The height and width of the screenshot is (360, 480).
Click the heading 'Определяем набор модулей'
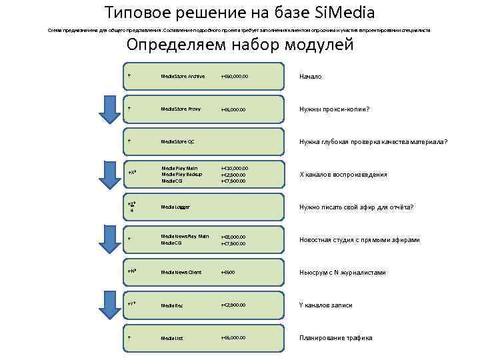pos(240,45)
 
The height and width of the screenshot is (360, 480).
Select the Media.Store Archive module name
pos(183,76)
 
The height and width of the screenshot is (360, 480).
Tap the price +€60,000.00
pos(235,76)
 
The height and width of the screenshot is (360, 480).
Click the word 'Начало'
pos(311,77)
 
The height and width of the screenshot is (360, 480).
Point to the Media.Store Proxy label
pos(181,109)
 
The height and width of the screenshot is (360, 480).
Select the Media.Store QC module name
pos(177,141)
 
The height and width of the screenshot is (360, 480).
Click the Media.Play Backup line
pos(181,174)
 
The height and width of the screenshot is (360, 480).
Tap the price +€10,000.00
pos(235,168)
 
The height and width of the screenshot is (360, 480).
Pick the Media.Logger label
pos(175,207)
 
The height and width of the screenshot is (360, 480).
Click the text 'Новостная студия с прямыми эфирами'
pos(359,240)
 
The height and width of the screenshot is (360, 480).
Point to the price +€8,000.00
pos(233,237)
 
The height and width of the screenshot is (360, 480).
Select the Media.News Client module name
pos(181,272)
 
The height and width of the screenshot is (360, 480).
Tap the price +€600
pos(229,272)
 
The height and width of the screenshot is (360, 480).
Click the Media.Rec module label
pos(172,305)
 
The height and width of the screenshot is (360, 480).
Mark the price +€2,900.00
pos(233,305)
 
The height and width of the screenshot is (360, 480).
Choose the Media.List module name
pos(172,338)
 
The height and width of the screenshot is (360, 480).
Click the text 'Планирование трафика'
pos(335,338)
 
